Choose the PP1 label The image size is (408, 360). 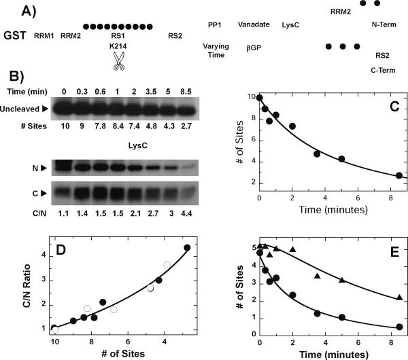[x=213, y=24]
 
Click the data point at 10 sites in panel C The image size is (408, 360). [x=260, y=97]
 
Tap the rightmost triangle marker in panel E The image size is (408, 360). [x=399, y=298]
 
